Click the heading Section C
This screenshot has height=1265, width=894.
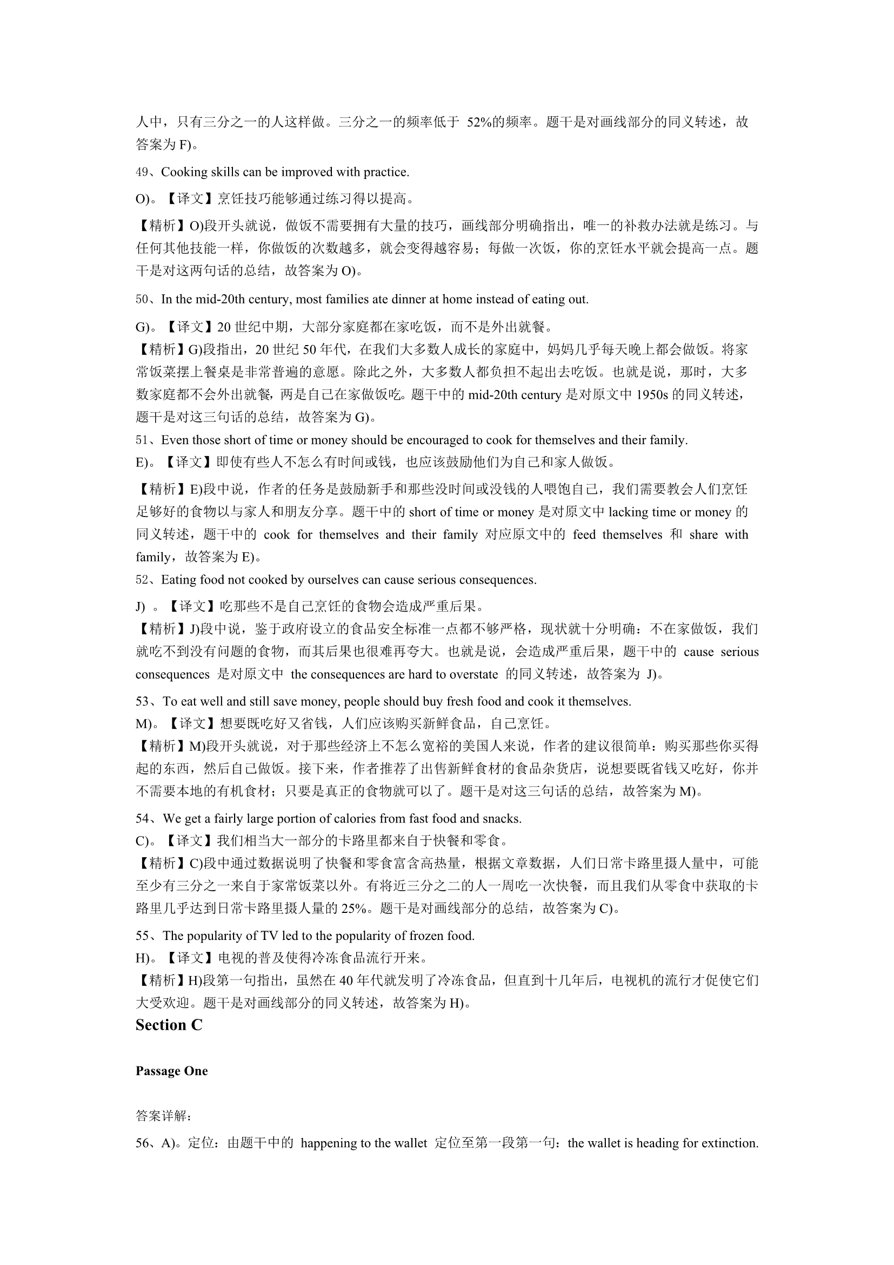point(169,1025)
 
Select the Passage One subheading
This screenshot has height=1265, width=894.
point(171,1071)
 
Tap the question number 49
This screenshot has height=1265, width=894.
point(142,172)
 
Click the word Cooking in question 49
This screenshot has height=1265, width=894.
point(182,172)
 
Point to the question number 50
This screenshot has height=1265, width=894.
point(142,300)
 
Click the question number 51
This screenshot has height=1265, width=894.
point(142,440)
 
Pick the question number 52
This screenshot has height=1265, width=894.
point(142,580)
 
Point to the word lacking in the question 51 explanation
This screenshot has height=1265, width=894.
point(628,512)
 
